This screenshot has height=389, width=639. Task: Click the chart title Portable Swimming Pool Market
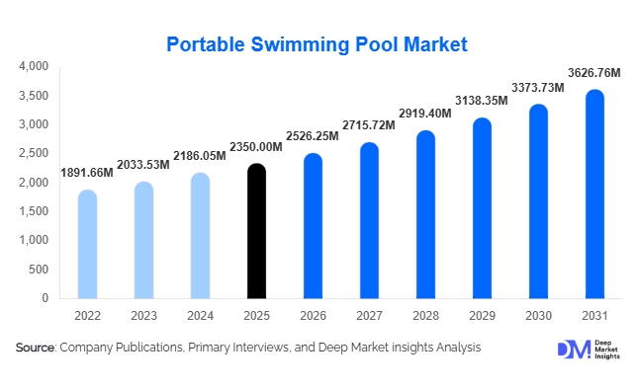(316, 44)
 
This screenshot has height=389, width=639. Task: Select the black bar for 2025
(256, 231)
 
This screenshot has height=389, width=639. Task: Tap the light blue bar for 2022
(87, 244)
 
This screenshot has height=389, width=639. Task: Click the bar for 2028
(425, 214)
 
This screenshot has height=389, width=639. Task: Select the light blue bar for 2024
(200, 236)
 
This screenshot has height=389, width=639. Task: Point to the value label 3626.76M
(594, 72)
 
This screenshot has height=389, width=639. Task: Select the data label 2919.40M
(425, 114)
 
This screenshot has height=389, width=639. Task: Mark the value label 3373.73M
(537, 88)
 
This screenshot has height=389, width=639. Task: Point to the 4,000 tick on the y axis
(34, 67)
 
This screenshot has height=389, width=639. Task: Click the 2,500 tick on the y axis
(34, 154)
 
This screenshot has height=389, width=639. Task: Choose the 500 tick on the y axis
(39, 269)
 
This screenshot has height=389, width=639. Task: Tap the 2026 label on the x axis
(313, 316)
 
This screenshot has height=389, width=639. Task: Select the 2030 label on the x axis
(538, 316)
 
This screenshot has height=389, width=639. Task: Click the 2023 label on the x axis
(143, 316)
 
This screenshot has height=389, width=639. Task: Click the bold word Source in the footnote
(36, 348)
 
